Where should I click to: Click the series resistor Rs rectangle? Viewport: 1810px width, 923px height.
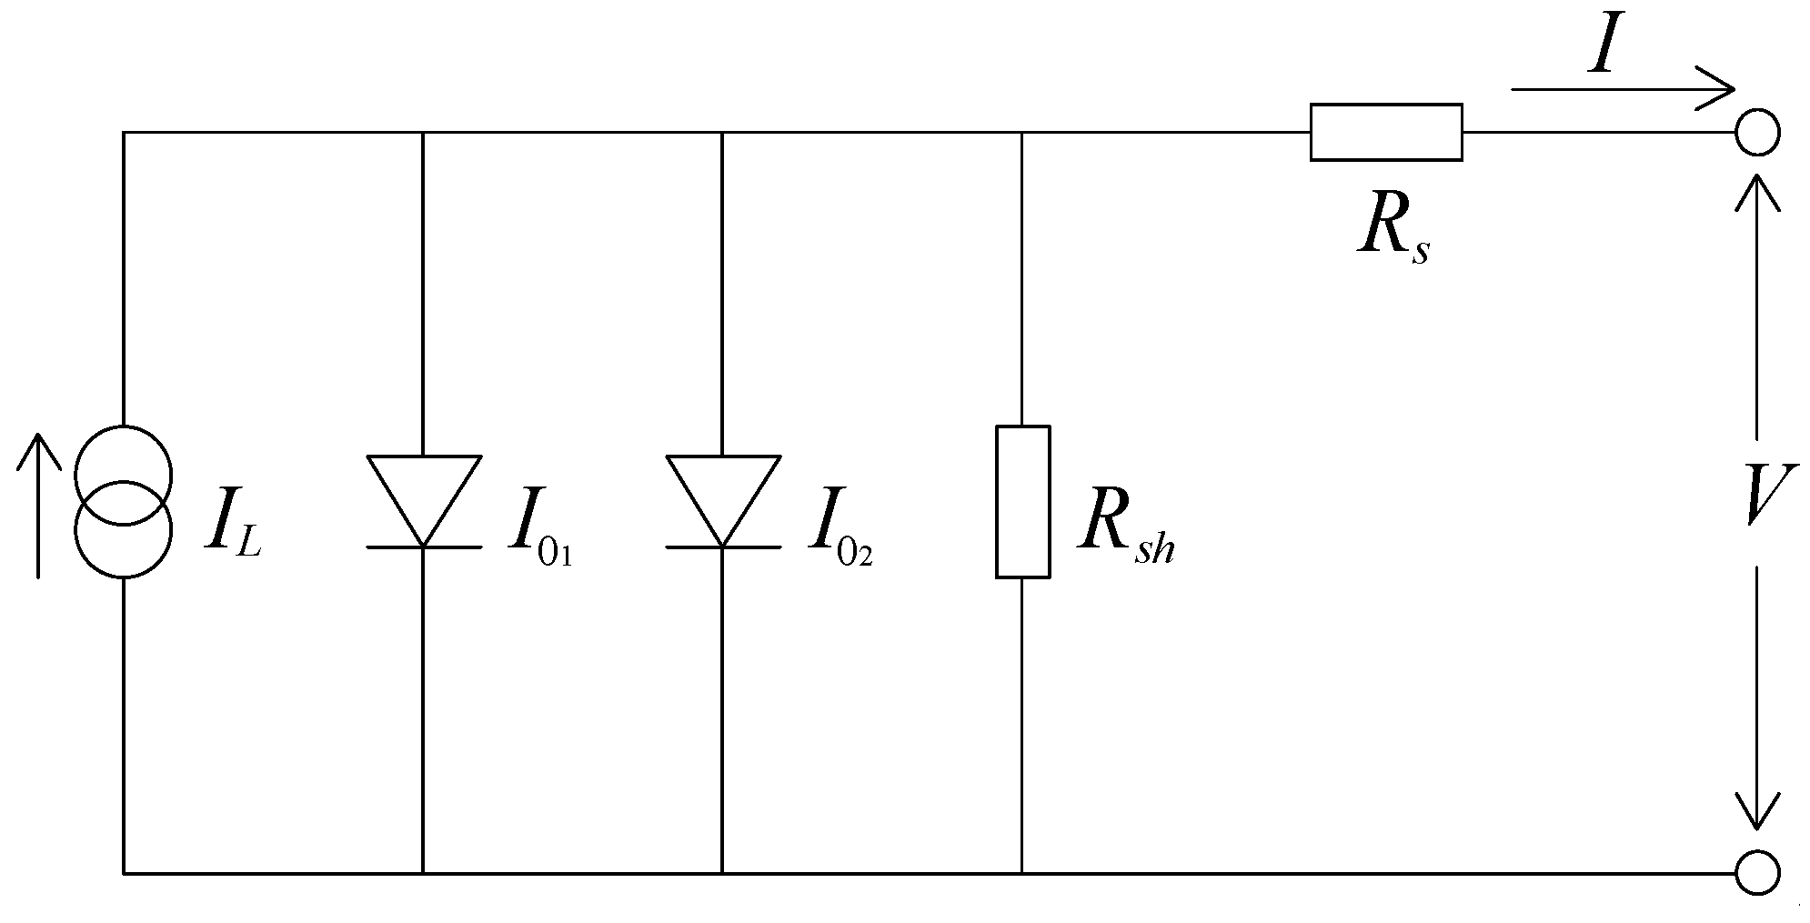click(1385, 133)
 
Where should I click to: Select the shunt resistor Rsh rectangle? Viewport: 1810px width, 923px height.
click(1022, 501)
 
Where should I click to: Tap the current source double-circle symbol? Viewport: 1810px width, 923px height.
click(123, 501)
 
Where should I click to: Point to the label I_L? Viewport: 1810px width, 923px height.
click(233, 528)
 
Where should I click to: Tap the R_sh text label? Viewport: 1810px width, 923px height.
click(1126, 530)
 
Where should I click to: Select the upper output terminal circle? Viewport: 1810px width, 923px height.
click(1757, 134)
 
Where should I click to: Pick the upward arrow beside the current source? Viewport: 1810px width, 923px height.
click(38, 506)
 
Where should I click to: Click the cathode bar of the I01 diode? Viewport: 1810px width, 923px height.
click(424, 547)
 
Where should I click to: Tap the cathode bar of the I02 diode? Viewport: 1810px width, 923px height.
click(722, 547)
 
